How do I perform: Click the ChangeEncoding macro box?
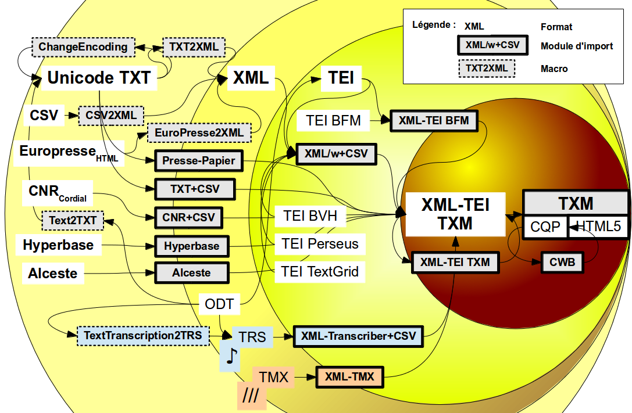[x=83, y=47]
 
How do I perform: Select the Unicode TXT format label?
[x=99, y=78]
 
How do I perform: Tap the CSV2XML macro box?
[x=111, y=116]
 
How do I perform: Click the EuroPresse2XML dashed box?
[x=199, y=133]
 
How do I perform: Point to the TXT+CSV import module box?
[x=195, y=189]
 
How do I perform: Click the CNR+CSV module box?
[x=189, y=218]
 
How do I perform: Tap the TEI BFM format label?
[x=333, y=121]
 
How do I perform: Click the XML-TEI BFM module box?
[x=434, y=121]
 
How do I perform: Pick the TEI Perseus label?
[x=320, y=243]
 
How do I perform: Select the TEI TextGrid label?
[x=320, y=271]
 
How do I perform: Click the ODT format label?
[x=219, y=304]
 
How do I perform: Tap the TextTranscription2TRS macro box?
[x=143, y=335]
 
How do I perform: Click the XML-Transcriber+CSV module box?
[x=358, y=336]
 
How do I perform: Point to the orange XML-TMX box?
[x=350, y=377]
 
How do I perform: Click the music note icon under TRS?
[x=232, y=357]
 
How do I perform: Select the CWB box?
[x=562, y=263]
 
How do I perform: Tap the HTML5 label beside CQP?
[x=598, y=227]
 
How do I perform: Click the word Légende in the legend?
[x=433, y=25]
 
